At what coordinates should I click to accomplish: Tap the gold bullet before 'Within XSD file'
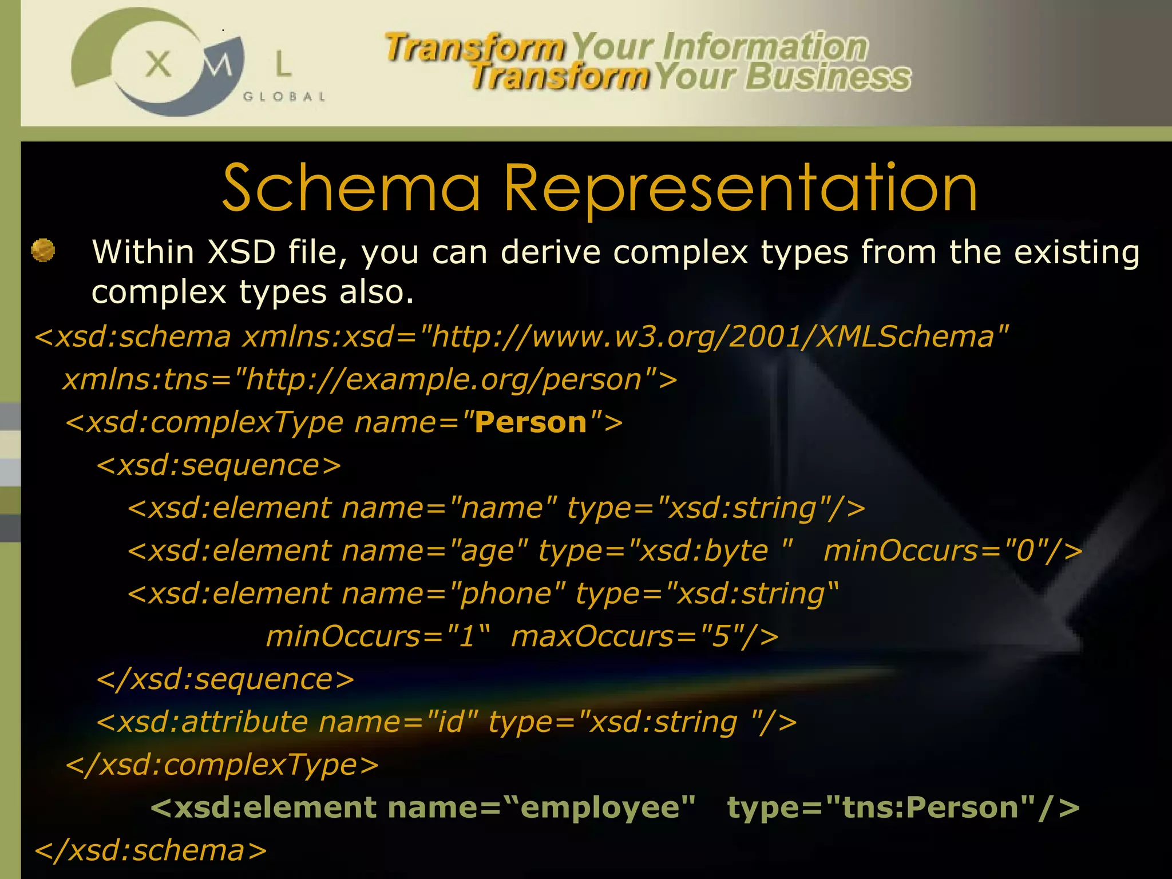click(x=43, y=251)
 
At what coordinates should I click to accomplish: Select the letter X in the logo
click(x=158, y=64)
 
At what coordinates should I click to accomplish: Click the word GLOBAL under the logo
click(x=284, y=97)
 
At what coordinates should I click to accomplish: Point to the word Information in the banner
click(x=766, y=47)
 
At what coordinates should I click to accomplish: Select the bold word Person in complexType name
click(x=530, y=422)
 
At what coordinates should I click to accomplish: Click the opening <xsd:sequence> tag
click(x=219, y=465)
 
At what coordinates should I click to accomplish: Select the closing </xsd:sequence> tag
click(x=225, y=679)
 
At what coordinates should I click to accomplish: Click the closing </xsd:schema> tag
click(x=151, y=850)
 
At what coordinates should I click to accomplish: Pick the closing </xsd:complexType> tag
click(x=222, y=765)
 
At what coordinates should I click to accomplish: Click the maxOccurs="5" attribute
click(x=644, y=636)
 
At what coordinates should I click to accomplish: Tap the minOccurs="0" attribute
click(x=953, y=551)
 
